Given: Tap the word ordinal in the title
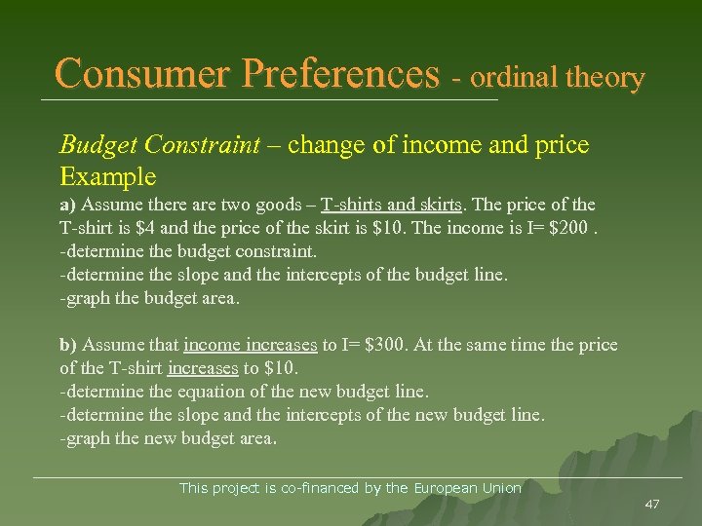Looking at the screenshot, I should click(x=515, y=77).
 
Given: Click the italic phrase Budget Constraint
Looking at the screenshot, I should click(x=160, y=145).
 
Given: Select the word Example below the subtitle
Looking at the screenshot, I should click(x=107, y=176).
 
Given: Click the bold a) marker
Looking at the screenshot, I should click(x=68, y=206).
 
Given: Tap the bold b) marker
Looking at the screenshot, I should click(x=68, y=346).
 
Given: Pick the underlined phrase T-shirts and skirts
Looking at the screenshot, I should click(x=394, y=206).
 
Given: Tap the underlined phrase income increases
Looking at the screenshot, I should click(x=250, y=346).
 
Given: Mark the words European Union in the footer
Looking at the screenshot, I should click(x=468, y=488).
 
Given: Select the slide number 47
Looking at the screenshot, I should click(x=652, y=505).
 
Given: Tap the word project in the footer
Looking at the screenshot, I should click(x=240, y=488).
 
